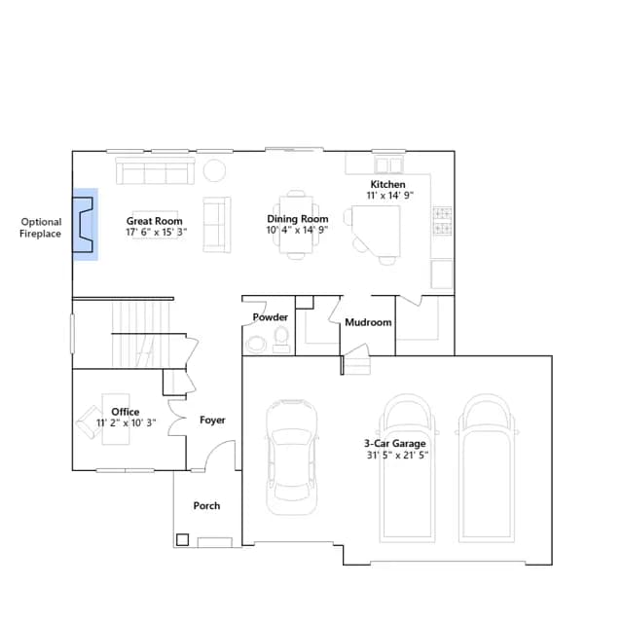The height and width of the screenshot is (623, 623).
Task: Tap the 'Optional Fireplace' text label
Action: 41,228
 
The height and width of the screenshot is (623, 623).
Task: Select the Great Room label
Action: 155,221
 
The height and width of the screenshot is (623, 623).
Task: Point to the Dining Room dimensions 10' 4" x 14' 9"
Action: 297,230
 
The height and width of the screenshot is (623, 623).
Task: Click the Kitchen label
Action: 387,184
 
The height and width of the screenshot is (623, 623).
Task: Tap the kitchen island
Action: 379,231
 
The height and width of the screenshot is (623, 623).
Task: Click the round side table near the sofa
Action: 214,170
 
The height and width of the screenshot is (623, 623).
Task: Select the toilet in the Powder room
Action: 281,340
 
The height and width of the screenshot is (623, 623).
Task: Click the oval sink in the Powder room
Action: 256,345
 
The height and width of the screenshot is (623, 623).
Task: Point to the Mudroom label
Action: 368,322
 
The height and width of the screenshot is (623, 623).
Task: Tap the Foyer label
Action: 212,420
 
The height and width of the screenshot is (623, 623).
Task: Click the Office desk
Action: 116,420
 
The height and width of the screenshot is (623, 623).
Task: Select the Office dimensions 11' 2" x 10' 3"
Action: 127,422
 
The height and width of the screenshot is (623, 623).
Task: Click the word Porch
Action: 206,506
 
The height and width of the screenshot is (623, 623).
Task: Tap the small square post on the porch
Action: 182,539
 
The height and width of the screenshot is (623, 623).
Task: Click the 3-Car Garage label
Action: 395,444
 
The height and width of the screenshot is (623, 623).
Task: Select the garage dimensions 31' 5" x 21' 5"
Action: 397,456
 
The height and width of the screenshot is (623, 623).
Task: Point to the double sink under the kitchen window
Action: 389,165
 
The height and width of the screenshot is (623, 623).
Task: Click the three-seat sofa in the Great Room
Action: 155,171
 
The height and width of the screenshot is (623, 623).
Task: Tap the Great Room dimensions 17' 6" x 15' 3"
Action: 157,232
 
